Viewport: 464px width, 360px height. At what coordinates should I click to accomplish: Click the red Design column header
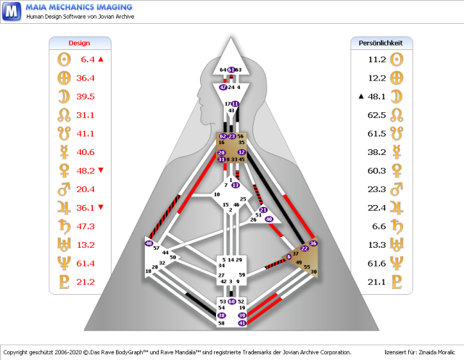(x=79, y=43)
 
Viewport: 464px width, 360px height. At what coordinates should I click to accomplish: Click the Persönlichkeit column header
(x=381, y=43)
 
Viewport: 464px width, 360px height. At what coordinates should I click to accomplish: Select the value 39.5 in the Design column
(x=86, y=96)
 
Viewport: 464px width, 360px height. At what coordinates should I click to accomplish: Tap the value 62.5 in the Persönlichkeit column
(x=377, y=115)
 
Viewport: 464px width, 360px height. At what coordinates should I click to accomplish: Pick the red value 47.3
(x=86, y=226)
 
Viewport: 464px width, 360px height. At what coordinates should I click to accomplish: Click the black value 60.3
(x=377, y=170)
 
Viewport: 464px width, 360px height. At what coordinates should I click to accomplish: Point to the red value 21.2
(x=86, y=282)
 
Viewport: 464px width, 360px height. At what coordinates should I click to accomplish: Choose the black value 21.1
(x=377, y=282)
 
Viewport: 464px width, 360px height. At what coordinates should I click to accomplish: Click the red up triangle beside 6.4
(x=101, y=59)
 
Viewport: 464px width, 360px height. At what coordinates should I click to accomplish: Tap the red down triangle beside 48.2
(x=101, y=170)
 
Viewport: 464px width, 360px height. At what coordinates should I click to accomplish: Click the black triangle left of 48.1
(x=360, y=96)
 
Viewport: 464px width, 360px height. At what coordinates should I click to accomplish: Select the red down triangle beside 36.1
(x=101, y=207)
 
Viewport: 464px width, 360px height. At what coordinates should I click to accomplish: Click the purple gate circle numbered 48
(x=149, y=243)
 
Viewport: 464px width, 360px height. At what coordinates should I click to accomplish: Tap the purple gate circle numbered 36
(x=313, y=243)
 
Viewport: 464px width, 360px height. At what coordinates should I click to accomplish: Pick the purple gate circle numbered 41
(x=242, y=323)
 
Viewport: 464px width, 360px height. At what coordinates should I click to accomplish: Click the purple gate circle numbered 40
(x=269, y=218)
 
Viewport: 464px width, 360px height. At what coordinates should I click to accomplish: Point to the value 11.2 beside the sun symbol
(x=377, y=59)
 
